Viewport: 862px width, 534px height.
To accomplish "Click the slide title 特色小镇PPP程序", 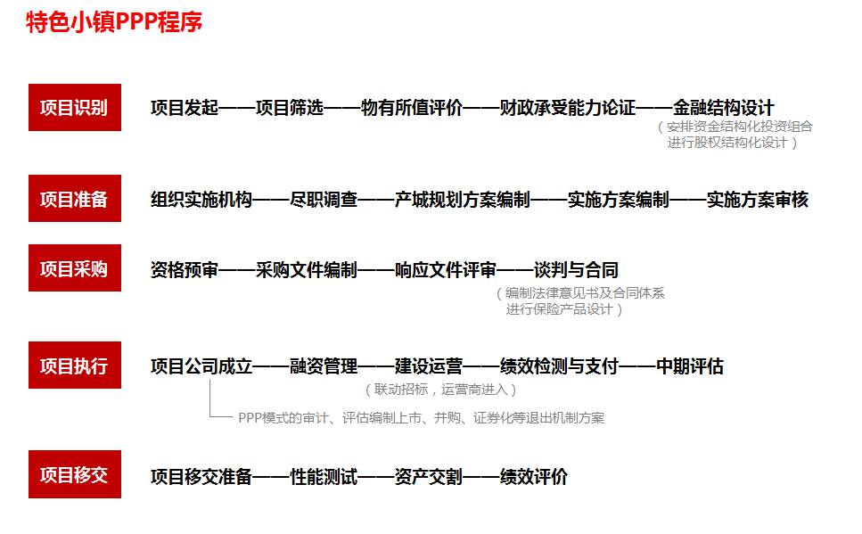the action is point(114,22).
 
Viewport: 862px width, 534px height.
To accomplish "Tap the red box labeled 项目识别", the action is point(74,108).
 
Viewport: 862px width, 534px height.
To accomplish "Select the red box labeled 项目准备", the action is point(74,200).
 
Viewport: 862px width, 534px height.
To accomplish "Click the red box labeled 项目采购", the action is point(74,269).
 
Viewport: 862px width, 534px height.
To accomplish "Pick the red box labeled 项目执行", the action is point(74,366).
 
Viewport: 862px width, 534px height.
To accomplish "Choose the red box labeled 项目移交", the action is point(74,475).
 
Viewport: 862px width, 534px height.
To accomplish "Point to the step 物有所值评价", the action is point(412,108).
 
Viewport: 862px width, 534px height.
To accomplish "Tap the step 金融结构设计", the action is point(724,108).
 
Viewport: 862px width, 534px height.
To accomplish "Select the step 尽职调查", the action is point(324,200).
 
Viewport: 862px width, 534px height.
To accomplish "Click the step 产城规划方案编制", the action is point(462,200).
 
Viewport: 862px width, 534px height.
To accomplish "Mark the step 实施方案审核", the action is point(758,200).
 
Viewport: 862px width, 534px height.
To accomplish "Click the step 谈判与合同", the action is point(576,269).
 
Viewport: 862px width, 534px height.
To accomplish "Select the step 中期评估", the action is point(690,366).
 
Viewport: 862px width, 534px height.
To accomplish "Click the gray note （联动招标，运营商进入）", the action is point(440,390).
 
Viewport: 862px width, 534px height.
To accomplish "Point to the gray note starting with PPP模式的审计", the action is point(421,417).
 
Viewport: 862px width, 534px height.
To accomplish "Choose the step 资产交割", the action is point(429,477).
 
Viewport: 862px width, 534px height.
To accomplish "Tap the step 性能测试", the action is point(324,477).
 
